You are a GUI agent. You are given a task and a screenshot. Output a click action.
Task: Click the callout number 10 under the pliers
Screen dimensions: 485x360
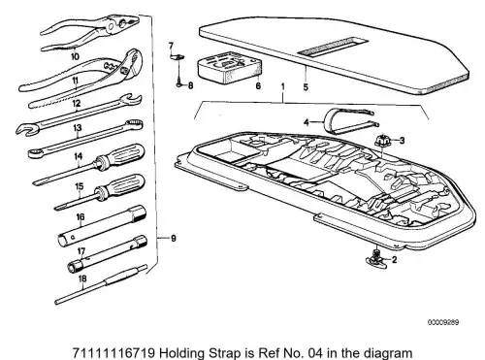[75, 57]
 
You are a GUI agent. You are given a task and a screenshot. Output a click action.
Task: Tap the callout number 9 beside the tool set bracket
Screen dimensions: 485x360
[174, 239]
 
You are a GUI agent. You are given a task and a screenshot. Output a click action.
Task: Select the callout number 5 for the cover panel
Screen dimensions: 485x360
[306, 87]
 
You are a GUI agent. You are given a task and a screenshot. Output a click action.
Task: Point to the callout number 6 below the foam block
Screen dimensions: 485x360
[258, 86]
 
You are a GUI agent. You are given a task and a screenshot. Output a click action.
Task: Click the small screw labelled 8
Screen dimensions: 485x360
[178, 85]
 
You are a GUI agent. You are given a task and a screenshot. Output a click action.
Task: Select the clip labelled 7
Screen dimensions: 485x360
[178, 57]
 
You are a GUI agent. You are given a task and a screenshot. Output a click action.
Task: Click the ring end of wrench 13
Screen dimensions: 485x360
[135, 124]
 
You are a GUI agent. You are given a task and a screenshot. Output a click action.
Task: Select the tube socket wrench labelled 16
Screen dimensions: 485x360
[102, 226]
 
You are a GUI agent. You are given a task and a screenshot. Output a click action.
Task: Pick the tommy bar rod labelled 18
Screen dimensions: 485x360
[101, 283]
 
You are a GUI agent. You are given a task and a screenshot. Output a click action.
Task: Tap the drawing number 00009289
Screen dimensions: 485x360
[443, 322]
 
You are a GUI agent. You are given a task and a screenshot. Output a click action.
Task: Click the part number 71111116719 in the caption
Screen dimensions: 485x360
[114, 353]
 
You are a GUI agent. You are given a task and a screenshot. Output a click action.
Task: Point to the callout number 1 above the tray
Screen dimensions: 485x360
[283, 86]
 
